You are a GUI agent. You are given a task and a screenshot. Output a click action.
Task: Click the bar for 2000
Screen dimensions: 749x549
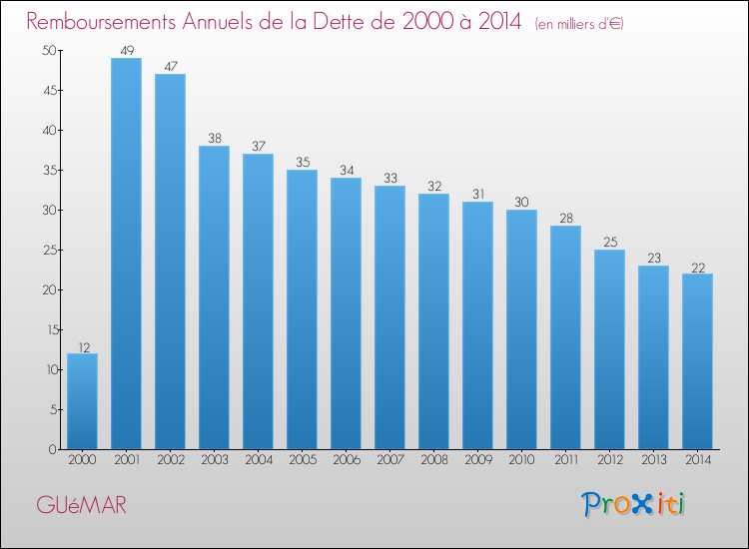(82, 401)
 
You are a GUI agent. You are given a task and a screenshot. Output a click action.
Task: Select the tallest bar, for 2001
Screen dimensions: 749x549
(126, 254)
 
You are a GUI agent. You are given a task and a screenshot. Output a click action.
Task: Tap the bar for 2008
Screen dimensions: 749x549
(433, 321)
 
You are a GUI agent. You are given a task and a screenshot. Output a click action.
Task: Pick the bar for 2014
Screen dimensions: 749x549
(697, 361)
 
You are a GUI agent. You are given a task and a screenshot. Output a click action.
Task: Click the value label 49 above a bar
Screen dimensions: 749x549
(127, 50)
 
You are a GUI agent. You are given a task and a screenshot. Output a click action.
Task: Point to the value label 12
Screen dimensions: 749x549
(84, 347)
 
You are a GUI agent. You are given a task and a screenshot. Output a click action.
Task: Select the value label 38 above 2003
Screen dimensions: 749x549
(215, 138)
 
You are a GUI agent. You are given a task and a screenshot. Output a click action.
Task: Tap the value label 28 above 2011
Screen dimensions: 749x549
(566, 219)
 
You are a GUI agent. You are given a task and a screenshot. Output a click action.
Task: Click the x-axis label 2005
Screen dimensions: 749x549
(303, 459)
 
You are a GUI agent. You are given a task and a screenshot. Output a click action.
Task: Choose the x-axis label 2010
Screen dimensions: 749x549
(521, 459)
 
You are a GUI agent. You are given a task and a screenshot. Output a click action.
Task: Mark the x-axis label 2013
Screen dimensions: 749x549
(654, 459)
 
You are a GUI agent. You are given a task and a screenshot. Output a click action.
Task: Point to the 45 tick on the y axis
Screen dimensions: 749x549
(50, 90)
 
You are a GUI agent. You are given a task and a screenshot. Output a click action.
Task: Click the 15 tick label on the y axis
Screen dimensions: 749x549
(52, 329)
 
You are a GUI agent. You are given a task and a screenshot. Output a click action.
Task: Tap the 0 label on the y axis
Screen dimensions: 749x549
(53, 450)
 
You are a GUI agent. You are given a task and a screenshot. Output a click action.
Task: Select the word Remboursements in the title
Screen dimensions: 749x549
(101, 21)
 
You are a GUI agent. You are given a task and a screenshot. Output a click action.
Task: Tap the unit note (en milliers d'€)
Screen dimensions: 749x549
(579, 24)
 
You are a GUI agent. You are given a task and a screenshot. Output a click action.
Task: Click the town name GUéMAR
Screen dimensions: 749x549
(82, 505)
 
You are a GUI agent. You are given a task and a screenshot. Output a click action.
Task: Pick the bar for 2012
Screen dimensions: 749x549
(609, 349)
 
